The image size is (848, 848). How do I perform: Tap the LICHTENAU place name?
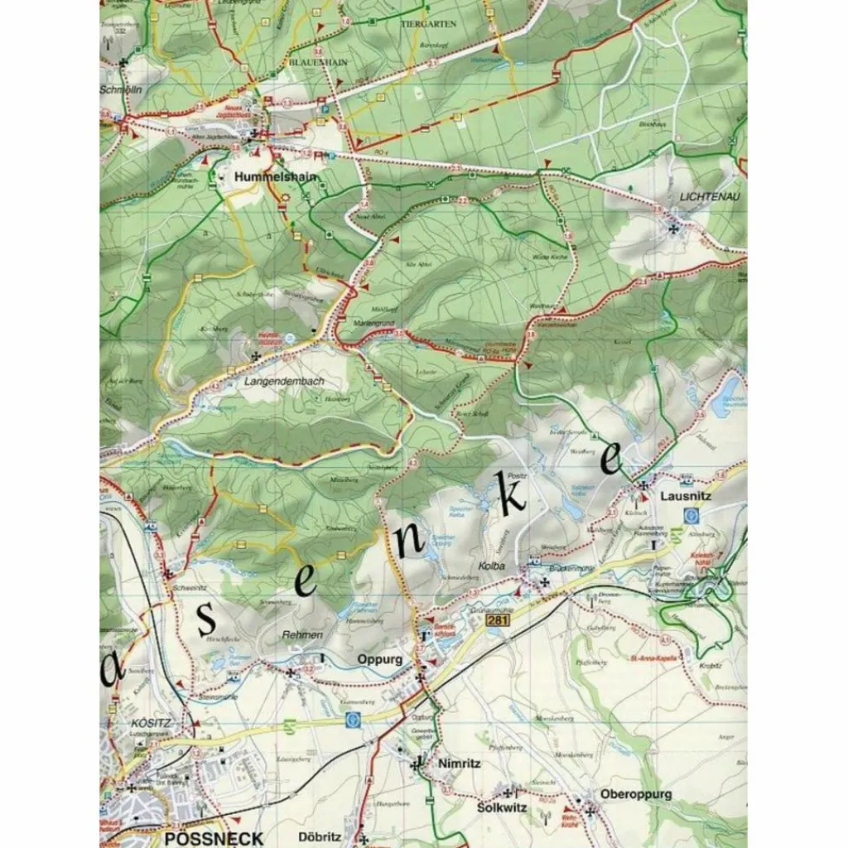coord(709,196)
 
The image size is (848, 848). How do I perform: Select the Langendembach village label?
coord(284,382)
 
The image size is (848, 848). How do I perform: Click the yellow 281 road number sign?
coord(496,620)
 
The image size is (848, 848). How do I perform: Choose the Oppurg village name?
coord(380,660)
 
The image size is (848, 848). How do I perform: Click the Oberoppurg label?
coord(636,794)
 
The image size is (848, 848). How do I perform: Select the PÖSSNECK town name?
coord(214,838)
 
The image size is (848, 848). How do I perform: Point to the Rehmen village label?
coord(302,634)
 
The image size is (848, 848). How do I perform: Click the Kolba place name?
coord(492,565)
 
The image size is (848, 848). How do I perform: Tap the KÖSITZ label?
coord(152,723)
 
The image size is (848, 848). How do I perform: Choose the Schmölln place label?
coord(121,90)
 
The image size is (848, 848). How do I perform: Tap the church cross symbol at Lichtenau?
coord(674,228)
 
